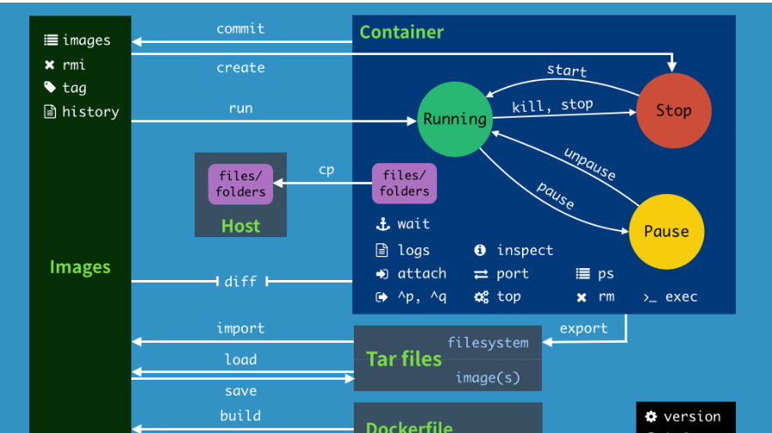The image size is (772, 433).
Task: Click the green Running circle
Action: [454, 119]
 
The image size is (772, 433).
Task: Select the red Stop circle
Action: [673, 110]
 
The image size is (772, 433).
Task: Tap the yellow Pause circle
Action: [666, 231]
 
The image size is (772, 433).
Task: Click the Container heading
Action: [401, 33]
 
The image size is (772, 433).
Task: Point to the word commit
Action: [240, 28]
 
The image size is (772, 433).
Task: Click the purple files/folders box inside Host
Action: [240, 184]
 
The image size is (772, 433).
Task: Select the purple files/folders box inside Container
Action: [404, 184]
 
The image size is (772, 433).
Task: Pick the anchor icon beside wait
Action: [383, 224]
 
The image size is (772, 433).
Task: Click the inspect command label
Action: [525, 250]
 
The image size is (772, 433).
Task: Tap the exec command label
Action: [681, 296]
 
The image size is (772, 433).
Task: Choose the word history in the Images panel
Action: [90, 112]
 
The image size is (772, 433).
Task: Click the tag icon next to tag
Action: [50, 88]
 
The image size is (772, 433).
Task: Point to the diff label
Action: [240, 281]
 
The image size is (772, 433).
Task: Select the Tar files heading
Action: [404, 358]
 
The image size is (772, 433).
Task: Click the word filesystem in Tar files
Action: [488, 342]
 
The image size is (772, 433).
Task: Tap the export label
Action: [583, 328]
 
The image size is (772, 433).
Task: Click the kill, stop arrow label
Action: [552, 106]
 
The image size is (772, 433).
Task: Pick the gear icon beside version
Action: [651, 417]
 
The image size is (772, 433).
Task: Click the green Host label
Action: [240, 226]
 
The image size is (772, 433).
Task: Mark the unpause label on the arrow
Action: [590, 163]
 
